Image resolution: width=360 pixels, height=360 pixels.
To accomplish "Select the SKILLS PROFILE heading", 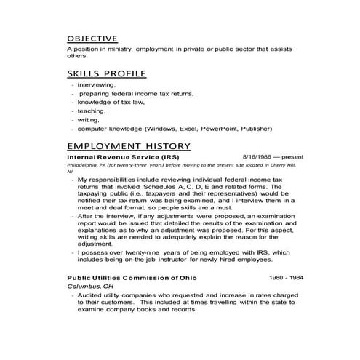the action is point(107,73).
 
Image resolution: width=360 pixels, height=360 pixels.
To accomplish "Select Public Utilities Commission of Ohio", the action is point(132,278).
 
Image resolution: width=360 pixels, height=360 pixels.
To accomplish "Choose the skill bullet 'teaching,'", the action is point(90,111).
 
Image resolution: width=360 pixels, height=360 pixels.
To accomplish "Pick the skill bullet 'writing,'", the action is point(89,120).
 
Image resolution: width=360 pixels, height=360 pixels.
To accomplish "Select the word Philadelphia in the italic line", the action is point(81,165).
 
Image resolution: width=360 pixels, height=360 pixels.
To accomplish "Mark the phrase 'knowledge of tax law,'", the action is point(110,103).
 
